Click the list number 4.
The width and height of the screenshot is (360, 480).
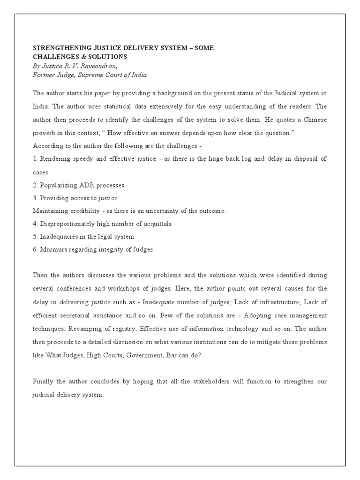[35, 224]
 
